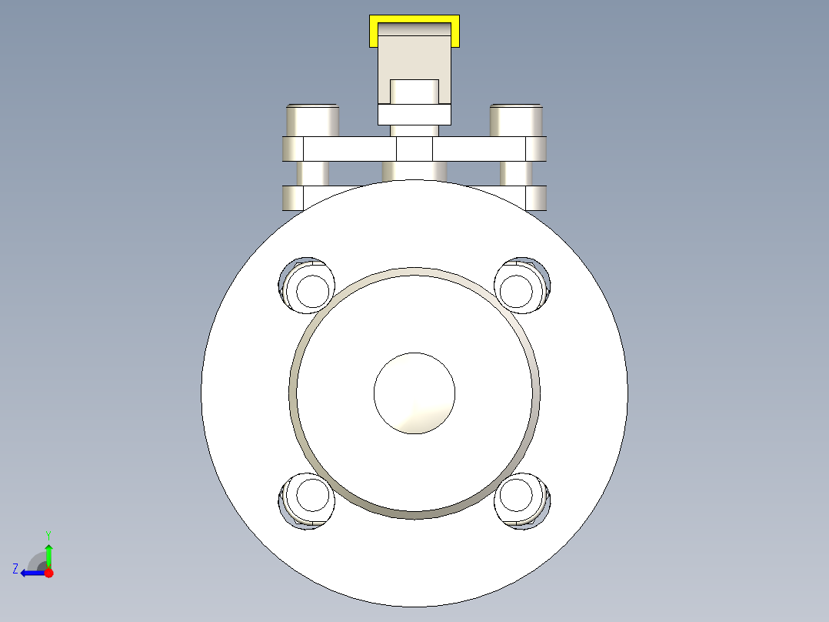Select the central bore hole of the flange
(x=414, y=393)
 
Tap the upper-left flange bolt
(x=307, y=286)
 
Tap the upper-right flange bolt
(x=522, y=286)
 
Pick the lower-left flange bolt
(x=307, y=501)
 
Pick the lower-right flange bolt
(x=522, y=501)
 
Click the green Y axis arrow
(x=48, y=555)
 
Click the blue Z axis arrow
(x=33, y=573)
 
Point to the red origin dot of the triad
(x=48, y=573)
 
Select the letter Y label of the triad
(x=48, y=535)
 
